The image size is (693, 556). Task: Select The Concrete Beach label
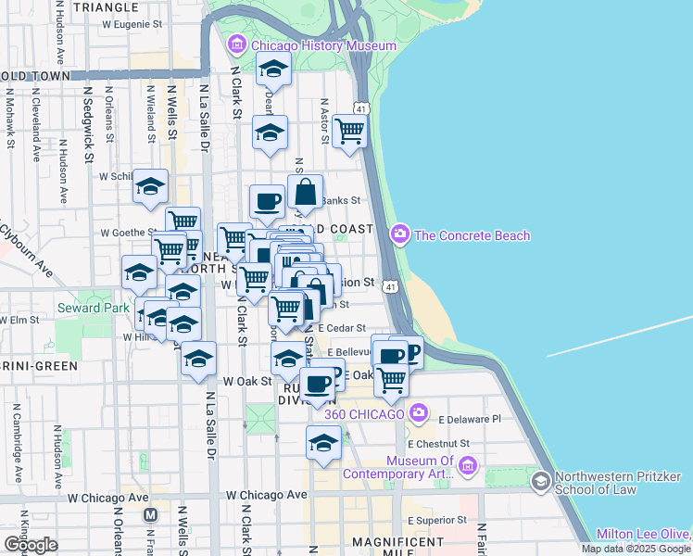pyautogui.click(x=472, y=235)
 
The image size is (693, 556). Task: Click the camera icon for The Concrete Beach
pyautogui.click(x=400, y=234)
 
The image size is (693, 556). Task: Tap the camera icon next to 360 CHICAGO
pyautogui.click(x=420, y=411)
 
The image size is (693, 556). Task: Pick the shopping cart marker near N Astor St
pyautogui.click(x=349, y=132)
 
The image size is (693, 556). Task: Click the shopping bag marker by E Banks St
pyautogui.click(x=306, y=192)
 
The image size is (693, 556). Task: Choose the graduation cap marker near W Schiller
pyautogui.click(x=150, y=186)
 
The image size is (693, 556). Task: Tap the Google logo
pyautogui.click(x=31, y=545)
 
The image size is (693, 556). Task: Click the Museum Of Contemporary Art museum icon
pyautogui.click(x=469, y=464)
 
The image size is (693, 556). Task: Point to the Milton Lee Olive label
pyautogui.click(x=642, y=534)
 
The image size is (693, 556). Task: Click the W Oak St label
pyautogui.click(x=246, y=381)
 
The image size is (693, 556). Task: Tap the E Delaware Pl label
pyautogui.click(x=469, y=419)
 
